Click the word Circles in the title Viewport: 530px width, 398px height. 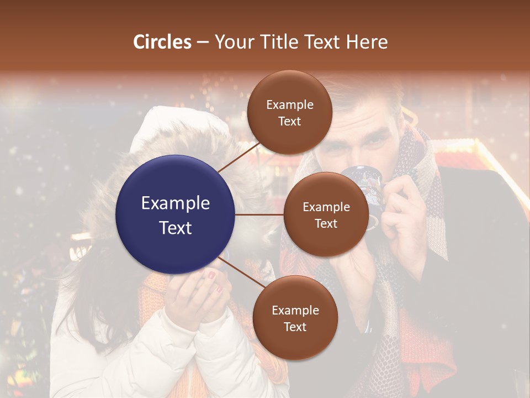(162, 42)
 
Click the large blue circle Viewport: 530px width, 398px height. (176, 214)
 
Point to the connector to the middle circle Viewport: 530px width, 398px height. (259, 214)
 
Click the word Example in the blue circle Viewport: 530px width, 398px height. (176, 203)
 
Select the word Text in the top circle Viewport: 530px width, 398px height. (289, 121)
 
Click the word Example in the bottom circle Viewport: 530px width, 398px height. (295, 311)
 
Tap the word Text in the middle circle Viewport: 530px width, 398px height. (326, 223)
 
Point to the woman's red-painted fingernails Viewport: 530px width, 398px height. (211, 275)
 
